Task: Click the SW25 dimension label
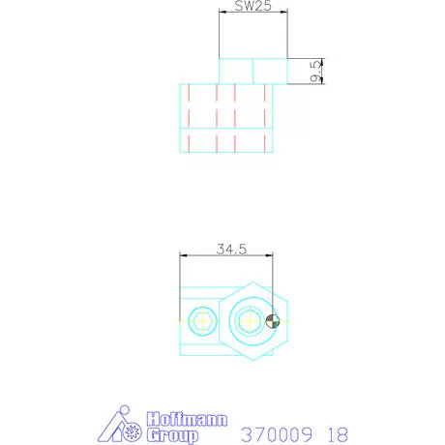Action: point(253,6)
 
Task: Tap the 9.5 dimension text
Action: point(315,72)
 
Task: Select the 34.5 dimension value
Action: point(231,250)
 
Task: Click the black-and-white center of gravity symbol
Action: point(273,321)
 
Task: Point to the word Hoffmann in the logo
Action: point(187,419)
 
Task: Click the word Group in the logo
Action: point(172,435)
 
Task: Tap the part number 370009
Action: point(277,434)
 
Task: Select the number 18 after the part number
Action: point(338,434)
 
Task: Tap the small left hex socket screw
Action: point(202,321)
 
